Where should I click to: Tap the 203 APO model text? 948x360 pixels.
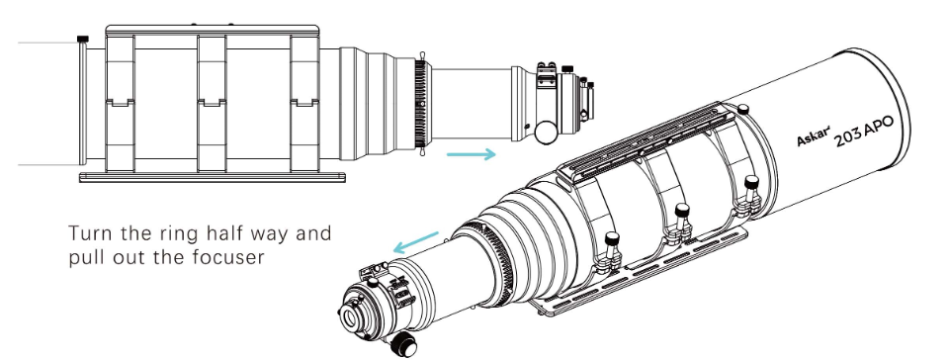(x=863, y=132)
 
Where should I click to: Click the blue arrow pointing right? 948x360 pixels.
(x=471, y=154)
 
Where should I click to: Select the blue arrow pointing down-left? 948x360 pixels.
(x=416, y=242)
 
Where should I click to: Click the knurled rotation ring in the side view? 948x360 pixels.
(x=421, y=104)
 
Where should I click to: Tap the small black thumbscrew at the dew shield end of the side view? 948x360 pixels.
(x=83, y=40)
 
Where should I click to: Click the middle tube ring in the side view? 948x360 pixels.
(x=212, y=104)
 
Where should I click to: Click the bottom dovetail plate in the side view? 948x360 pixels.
(x=213, y=177)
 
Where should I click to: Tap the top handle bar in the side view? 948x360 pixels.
(x=213, y=29)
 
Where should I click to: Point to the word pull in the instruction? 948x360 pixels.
(x=85, y=258)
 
